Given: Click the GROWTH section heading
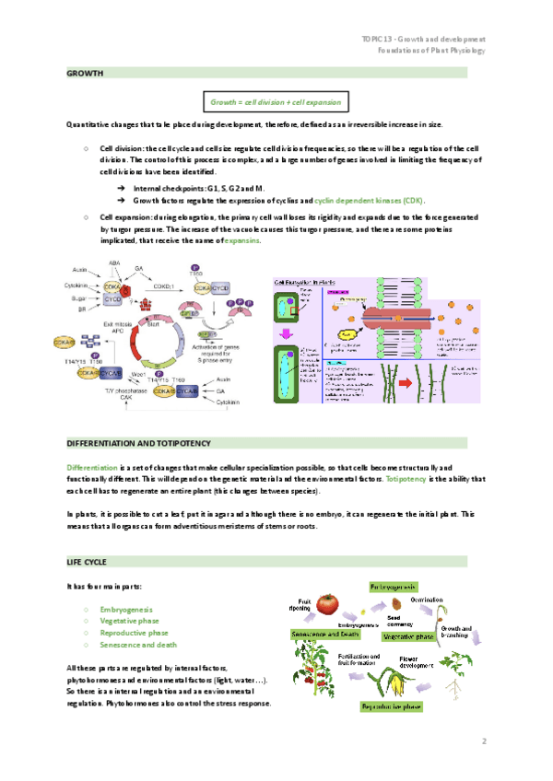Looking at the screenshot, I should pyautogui.click(x=85, y=73).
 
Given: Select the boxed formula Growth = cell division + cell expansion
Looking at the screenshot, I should pyautogui.click(x=276, y=101).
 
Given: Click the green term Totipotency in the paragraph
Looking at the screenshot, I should pyautogui.click(x=405, y=480).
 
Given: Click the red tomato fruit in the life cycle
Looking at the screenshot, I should pyautogui.click(x=328, y=604).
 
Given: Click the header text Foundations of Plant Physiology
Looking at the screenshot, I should pyautogui.click(x=431, y=52).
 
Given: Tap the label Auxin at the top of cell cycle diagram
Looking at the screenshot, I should pyautogui.click(x=82, y=271).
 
